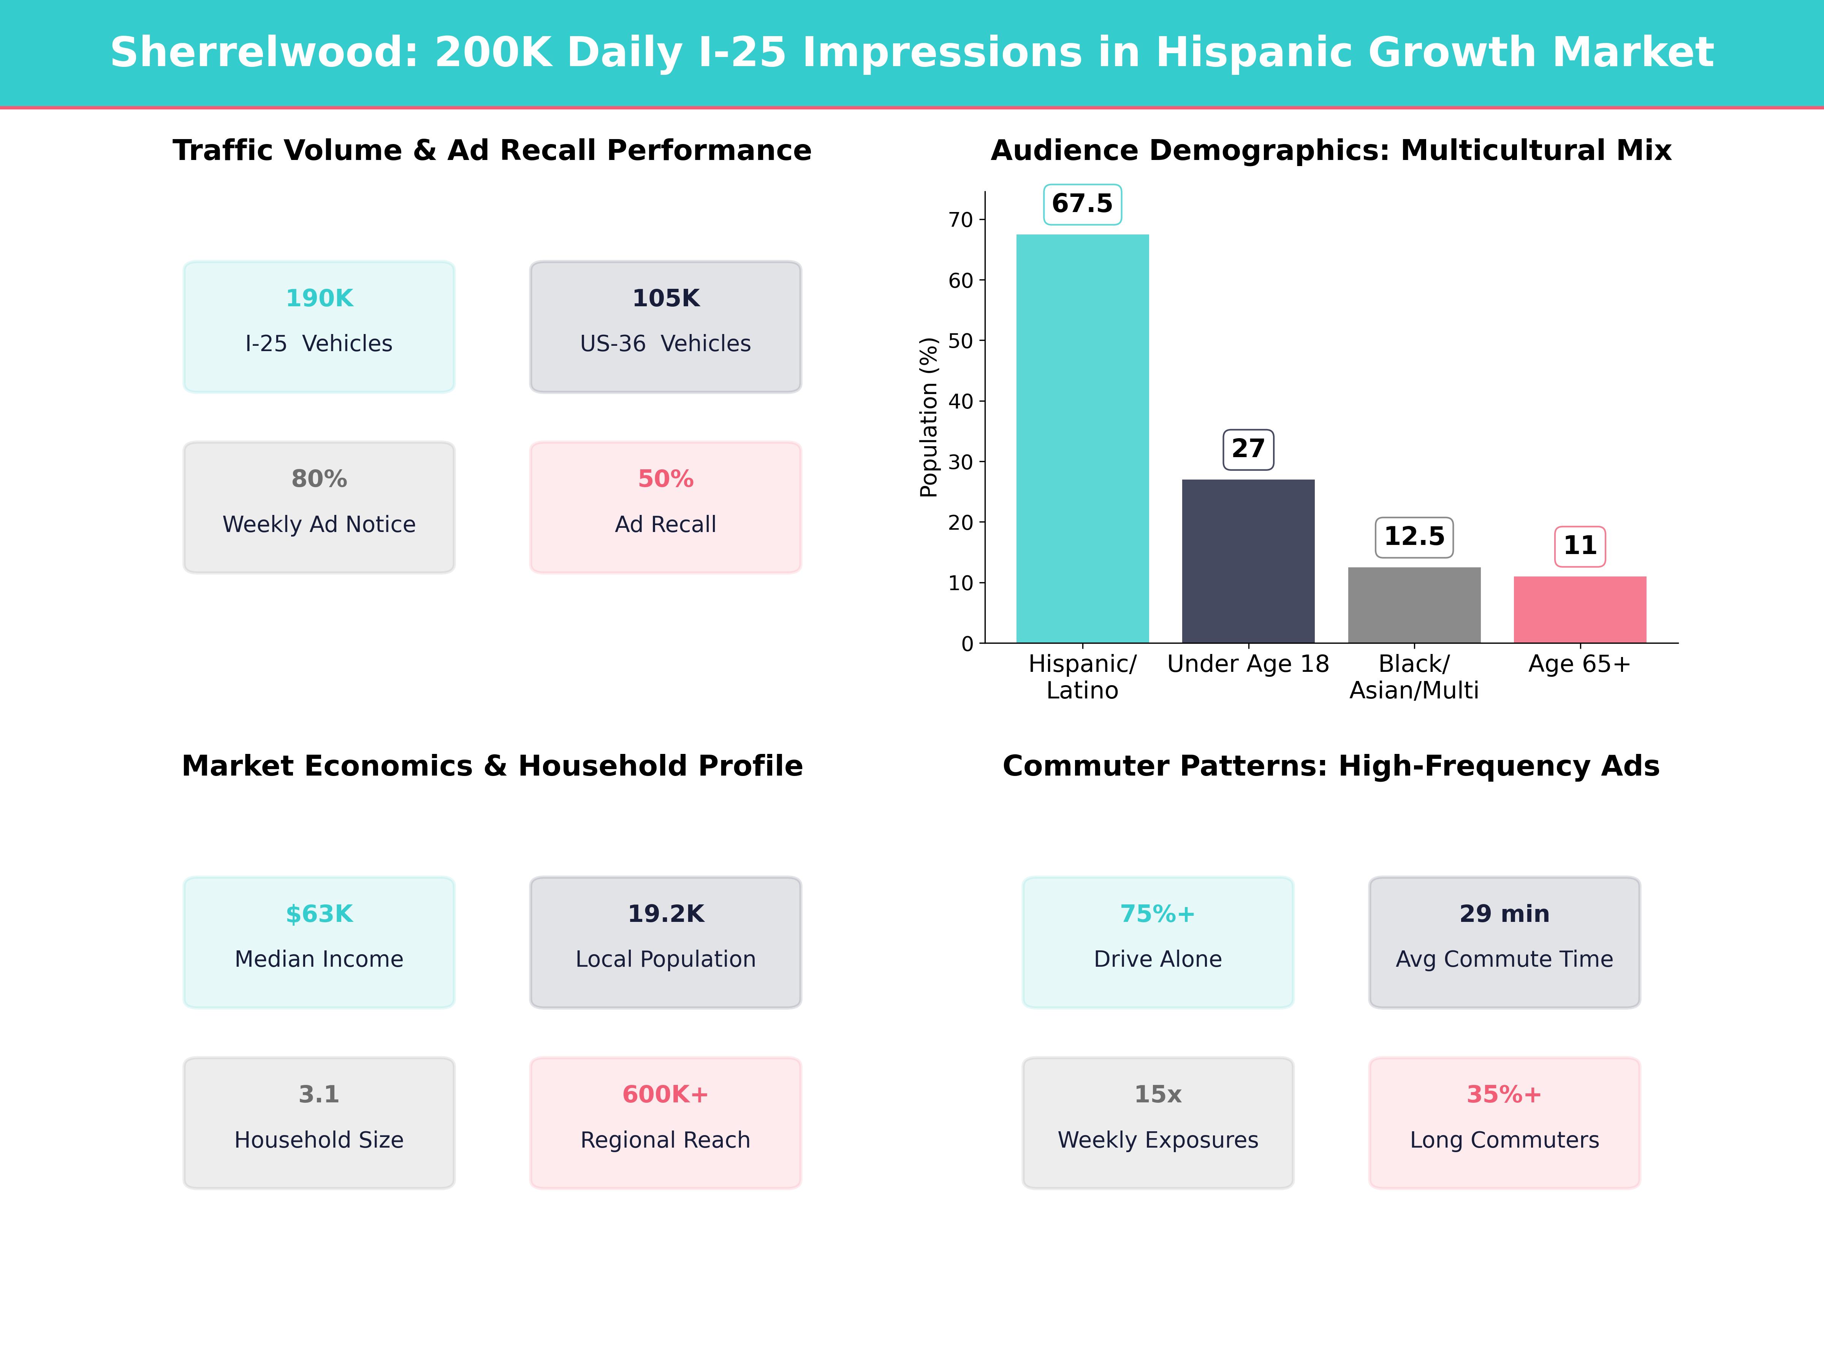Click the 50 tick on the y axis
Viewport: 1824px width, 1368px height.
pos(961,340)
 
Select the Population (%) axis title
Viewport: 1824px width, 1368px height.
pos(928,417)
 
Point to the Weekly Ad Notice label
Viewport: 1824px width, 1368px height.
pos(319,524)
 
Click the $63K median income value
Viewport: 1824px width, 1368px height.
pos(319,914)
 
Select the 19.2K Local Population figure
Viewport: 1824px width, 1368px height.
pos(665,914)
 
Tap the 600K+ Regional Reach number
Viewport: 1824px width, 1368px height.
pos(665,1094)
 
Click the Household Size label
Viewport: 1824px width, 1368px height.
pos(319,1140)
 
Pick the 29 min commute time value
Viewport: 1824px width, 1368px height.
pos(1504,914)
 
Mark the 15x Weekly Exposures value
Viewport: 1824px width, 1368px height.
pos(1158,1094)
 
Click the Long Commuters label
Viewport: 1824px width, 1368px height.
pos(1504,1140)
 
